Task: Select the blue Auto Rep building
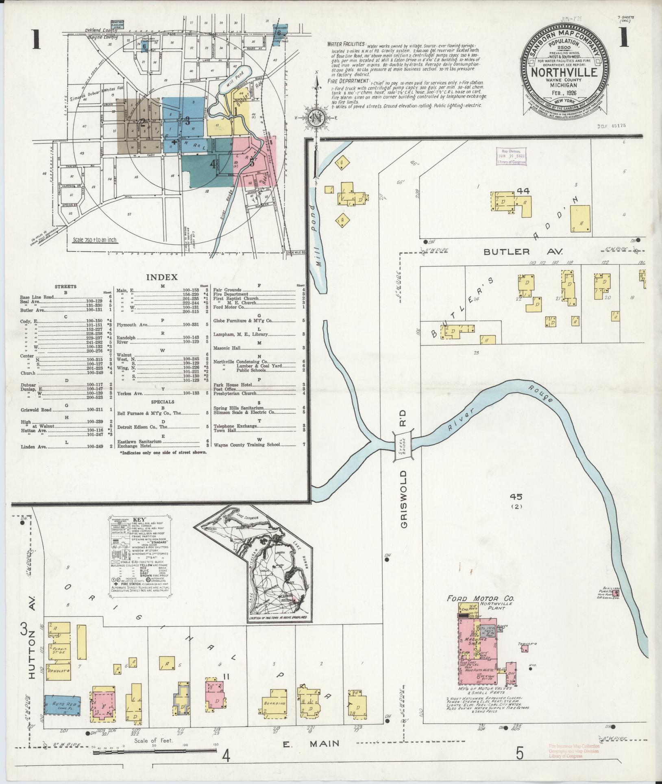tap(62, 703)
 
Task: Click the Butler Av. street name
tap(523, 252)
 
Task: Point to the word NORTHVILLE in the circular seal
tap(565, 72)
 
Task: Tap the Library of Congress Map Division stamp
tap(511, 156)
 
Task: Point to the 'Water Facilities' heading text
tap(346, 45)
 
